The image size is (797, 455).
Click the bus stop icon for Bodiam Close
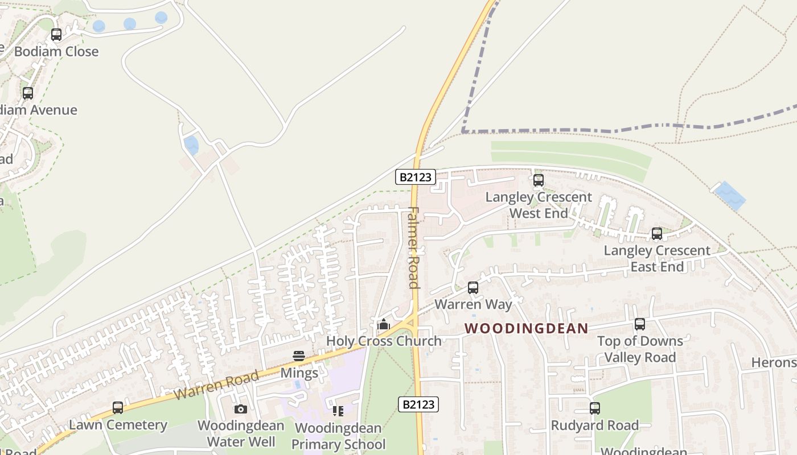[x=56, y=35]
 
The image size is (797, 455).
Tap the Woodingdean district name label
[x=526, y=328]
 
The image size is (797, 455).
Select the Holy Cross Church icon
[x=384, y=324]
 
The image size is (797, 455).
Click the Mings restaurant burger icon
[x=299, y=356]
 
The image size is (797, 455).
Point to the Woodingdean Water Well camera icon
[x=241, y=409]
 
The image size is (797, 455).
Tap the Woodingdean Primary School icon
[x=338, y=411]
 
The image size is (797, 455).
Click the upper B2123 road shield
[x=416, y=177]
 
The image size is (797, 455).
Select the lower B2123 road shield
[x=418, y=404]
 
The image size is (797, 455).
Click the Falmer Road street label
[x=414, y=247]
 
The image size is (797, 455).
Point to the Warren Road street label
[x=216, y=384]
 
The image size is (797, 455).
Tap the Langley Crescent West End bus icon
[x=539, y=181]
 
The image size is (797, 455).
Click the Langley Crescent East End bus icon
[x=657, y=234]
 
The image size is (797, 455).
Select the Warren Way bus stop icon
[x=473, y=288]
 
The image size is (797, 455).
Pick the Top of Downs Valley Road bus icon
[x=640, y=324]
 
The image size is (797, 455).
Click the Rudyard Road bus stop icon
[x=595, y=408]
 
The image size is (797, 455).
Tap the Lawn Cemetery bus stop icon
[x=118, y=408]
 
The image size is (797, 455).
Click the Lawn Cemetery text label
[x=118, y=425]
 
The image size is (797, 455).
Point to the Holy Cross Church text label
[x=384, y=341]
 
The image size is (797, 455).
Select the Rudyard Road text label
[x=595, y=425]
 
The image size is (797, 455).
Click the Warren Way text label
[x=473, y=304]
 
